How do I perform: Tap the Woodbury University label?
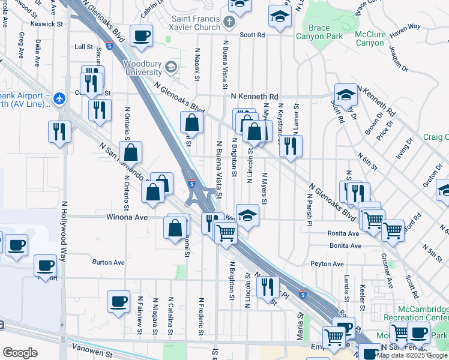tap(144, 69)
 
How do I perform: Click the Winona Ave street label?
tap(127, 217)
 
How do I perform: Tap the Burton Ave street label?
tap(108, 262)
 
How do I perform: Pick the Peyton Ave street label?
tap(327, 264)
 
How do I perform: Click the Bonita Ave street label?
tap(345, 246)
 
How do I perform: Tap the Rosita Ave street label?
tap(343, 233)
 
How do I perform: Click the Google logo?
tap(20, 353)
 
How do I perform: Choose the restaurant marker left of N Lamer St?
tap(291, 146)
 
